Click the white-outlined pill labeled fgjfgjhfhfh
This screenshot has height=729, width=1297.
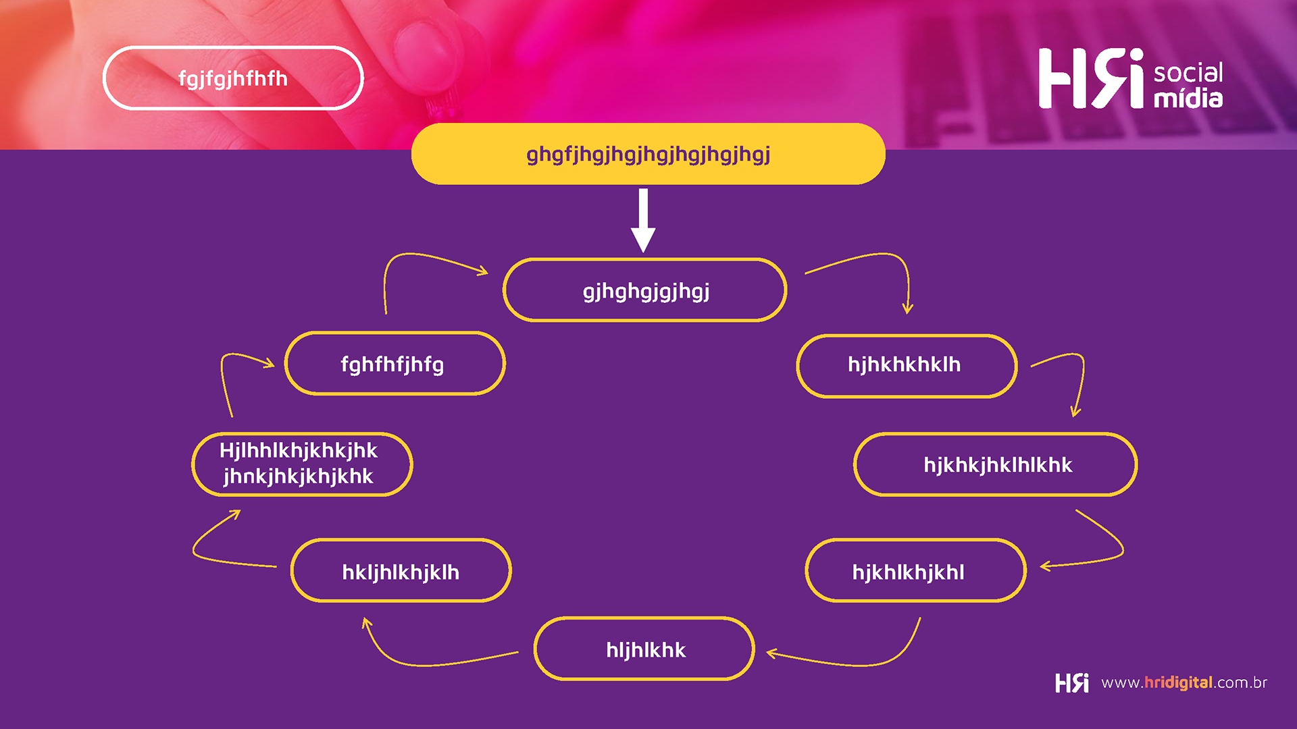click(233, 78)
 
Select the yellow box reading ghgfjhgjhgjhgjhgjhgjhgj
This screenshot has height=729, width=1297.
click(648, 154)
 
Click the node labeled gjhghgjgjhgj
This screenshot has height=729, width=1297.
click(645, 290)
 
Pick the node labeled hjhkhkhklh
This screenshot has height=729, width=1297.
click(907, 365)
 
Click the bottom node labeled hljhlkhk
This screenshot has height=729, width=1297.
click(644, 649)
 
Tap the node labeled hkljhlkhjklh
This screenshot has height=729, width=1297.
click(401, 571)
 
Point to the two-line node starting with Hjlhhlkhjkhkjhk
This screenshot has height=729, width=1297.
click(302, 464)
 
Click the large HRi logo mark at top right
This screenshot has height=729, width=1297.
click(1090, 78)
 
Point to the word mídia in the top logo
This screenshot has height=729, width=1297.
click(1188, 99)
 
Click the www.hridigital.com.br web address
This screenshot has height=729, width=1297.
click(1184, 682)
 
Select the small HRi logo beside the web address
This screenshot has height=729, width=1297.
click(1072, 682)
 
